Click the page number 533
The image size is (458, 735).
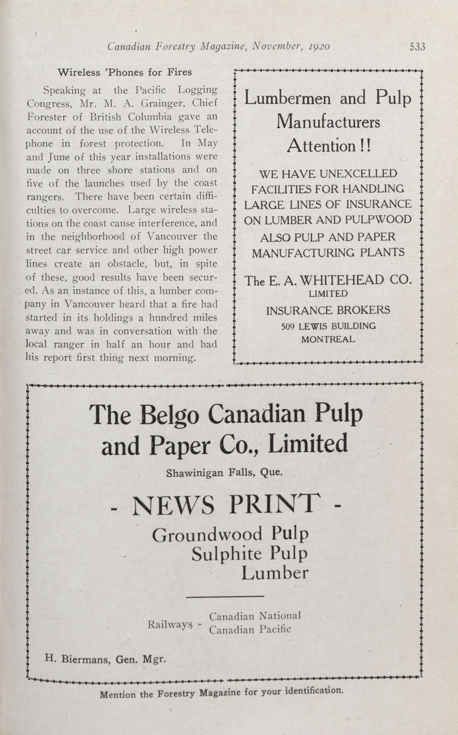[417, 47]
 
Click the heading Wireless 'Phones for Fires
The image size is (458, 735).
[125, 72]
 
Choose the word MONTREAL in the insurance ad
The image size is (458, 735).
[328, 339]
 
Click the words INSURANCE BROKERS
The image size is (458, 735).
[328, 310]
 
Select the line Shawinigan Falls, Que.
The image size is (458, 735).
[224, 473]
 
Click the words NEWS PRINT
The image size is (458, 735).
[226, 505]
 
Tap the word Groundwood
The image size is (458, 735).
[207, 535]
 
